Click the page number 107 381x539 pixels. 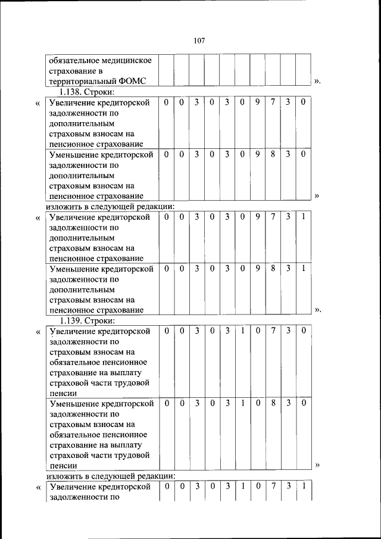pyautogui.click(x=199, y=40)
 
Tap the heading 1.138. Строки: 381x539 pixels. pyautogui.click(x=86, y=92)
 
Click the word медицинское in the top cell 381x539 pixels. pyautogui.click(x=122, y=60)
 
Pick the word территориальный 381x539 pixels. pyautogui.click(x=80, y=81)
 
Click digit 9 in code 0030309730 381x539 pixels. pyautogui.click(x=258, y=102)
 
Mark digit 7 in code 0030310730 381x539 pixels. pyautogui.click(x=273, y=331)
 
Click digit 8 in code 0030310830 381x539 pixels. pyautogui.click(x=273, y=403)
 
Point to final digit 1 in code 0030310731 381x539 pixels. pyautogui.click(x=303, y=487)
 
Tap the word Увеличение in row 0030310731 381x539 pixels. pyautogui.click(x=73, y=487)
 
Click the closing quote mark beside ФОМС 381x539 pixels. pyautogui.click(x=317, y=81)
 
